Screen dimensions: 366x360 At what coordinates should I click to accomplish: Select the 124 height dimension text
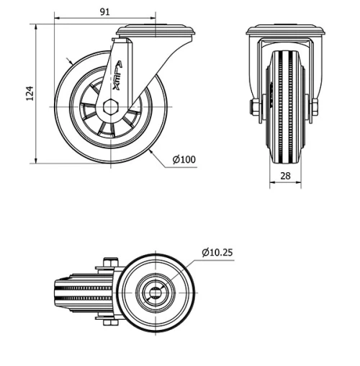tap(30, 93)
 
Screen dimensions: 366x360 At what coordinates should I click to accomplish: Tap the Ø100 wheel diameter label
tap(184, 159)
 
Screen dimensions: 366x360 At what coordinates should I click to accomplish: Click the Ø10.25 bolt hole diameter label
tap(217, 252)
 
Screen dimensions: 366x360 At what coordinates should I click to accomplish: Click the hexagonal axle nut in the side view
tap(110, 105)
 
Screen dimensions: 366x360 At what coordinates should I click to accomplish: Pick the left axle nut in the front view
tap(255, 108)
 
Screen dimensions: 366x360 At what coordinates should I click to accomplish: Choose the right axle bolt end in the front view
tap(315, 108)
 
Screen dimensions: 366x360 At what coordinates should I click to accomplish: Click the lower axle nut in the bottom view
tap(109, 321)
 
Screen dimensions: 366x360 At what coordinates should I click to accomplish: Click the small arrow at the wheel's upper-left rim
tap(68, 63)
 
